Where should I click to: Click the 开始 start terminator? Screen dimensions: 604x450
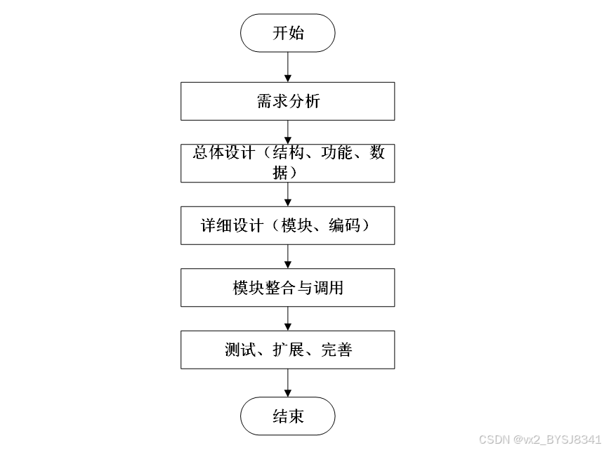288,33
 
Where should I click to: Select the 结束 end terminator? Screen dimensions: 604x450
288,416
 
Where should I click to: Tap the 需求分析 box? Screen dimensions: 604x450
288,101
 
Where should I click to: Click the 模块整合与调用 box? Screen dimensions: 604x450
288,287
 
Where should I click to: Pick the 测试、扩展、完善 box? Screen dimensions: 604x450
288,349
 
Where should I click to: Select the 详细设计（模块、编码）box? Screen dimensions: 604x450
288,225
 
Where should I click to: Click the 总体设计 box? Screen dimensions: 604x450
288,163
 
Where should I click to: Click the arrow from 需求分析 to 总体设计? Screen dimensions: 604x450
288,132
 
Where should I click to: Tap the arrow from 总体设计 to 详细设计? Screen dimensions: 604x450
288,194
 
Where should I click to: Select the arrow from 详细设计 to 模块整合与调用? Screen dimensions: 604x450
288,256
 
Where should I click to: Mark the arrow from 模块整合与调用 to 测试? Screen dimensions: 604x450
288,318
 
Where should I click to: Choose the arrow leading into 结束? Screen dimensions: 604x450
288,383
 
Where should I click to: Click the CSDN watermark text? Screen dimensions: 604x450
539,439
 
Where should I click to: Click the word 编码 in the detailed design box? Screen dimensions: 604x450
344,225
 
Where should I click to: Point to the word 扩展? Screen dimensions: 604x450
289,349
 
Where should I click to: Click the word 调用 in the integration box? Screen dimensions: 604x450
328,287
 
